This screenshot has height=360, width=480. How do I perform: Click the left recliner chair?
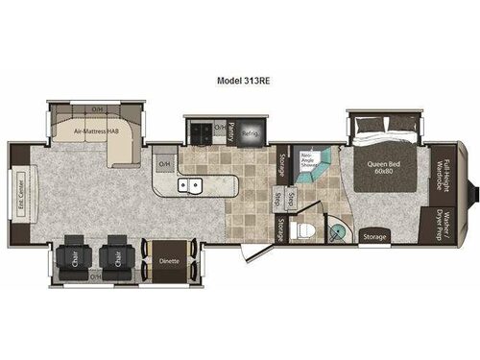coord(72,255)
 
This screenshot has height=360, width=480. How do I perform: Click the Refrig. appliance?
coord(250,132)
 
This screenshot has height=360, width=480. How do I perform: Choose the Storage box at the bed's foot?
coord(374,235)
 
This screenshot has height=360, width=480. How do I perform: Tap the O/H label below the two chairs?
coord(96,276)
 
